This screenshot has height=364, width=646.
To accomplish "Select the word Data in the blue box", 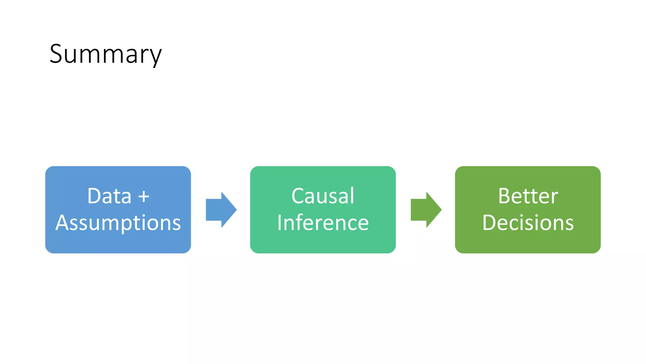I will (x=109, y=196).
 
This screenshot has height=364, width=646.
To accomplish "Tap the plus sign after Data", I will (x=144, y=197).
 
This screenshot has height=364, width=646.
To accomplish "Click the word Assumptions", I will (x=118, y=223).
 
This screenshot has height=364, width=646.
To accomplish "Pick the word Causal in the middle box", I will (x=323, y=196).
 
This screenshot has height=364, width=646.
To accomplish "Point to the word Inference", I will (x=323, y=223).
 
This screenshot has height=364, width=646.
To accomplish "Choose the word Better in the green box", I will (x=528, y=196).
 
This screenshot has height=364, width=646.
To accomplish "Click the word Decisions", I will (x=528, y=223).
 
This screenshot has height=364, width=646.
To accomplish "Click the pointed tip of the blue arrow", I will (x=236, y=209).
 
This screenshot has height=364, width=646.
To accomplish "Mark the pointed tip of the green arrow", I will (x=441, y=209).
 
